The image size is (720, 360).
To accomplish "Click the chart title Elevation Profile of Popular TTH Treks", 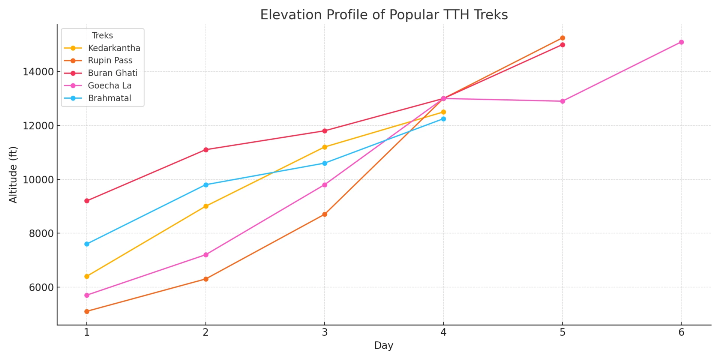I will (x=384, y=15).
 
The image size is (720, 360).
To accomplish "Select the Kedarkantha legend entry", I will (x=114, y=48).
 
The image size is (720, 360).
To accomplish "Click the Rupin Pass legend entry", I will (x=110, y=60).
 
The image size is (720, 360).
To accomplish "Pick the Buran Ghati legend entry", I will (x=112, y=73).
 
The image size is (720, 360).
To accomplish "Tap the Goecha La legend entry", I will (x=109, y=85).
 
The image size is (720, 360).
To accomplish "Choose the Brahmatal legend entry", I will (x=109, y=98).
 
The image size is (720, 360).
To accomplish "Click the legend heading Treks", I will (x=102, y=35).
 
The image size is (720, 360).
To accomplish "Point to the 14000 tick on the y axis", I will (x=38, y=72).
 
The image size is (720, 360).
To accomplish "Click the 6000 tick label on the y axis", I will (x=38, y=288).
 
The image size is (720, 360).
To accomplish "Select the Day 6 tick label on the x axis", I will (x=681, y=333).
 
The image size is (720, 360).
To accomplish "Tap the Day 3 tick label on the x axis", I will (x=324, y=333).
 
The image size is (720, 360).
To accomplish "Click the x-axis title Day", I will (x=384, y=345).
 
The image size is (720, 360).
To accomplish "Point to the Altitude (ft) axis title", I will (x=13, y=175).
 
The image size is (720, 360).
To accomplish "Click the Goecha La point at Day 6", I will (x=681, y=42).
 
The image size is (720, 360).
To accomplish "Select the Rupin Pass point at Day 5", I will (x=562, y=38).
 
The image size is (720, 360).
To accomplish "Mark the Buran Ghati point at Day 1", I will (x=87, y=201).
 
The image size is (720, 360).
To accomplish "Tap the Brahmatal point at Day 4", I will (x=443, y=119).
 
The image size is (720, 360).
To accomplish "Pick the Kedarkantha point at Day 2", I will (x=206, y=206).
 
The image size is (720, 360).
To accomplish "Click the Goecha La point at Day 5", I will (x=562, y=101).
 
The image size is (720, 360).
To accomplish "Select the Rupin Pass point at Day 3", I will (x=325, y=214).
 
